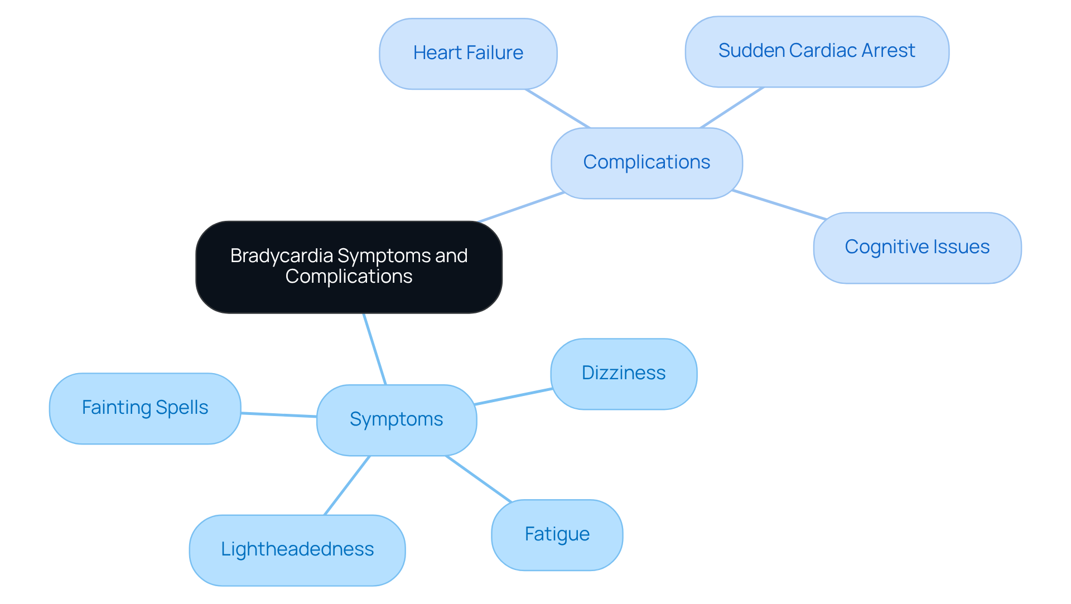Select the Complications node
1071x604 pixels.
coord(647,163)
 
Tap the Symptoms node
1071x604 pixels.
coord(396,419)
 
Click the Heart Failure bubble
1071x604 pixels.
coord(468,54)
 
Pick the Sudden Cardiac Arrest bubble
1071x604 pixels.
coord(817,51)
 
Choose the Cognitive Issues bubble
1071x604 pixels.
coord(917,248)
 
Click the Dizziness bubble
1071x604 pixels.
coord(624,374)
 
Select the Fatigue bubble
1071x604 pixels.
coord(557,535)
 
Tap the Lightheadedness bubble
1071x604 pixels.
coord(297,550)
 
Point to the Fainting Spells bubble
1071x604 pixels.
coord(145,408)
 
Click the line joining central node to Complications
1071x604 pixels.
coord(522,207)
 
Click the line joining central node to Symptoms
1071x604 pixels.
coord(375,349)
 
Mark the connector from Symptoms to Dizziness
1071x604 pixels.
coord(513,397)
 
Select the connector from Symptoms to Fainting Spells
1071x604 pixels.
coord(279,414)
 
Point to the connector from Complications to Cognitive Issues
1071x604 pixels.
coord(779,205)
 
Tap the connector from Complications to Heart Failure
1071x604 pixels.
coord(557,108)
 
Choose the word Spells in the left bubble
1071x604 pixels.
coord(182,408)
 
